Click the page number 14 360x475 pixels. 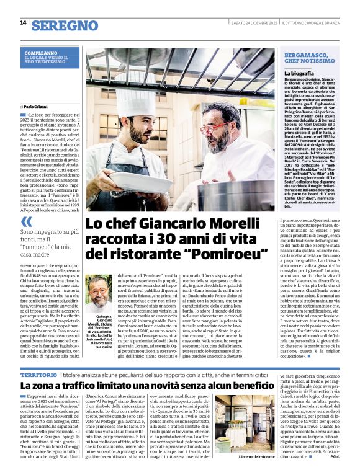23,24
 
